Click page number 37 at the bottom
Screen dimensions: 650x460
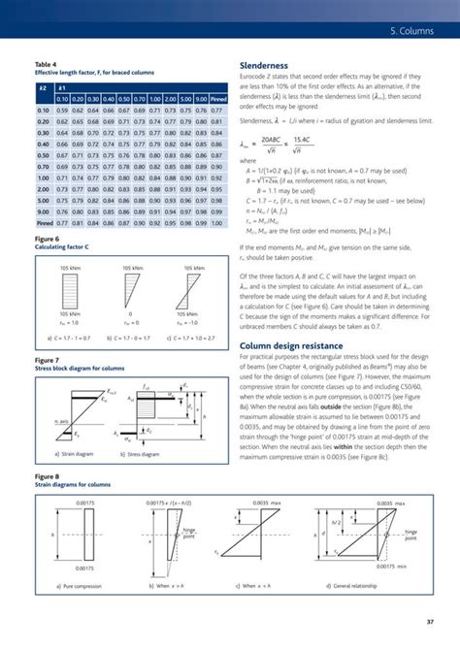point(428,622)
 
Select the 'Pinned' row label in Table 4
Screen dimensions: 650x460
point(44,223)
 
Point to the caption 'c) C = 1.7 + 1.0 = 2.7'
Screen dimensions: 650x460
point(193,339)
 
